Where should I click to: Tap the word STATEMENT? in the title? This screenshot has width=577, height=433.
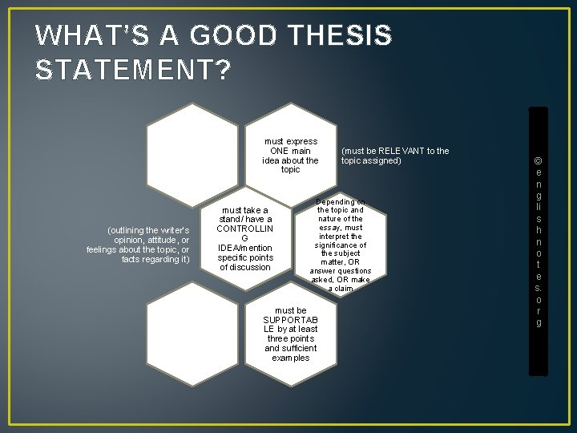(133, 70)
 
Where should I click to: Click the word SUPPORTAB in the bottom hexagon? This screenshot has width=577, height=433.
(290, 319)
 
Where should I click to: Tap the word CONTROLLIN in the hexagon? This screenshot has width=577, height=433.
(244, 229)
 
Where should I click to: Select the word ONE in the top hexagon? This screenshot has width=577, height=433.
(279, 151)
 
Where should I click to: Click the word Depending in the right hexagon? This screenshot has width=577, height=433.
(340, 202)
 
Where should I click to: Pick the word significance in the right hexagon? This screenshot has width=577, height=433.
(341, 245)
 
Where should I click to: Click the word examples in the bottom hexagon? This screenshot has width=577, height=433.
(290, 358)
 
